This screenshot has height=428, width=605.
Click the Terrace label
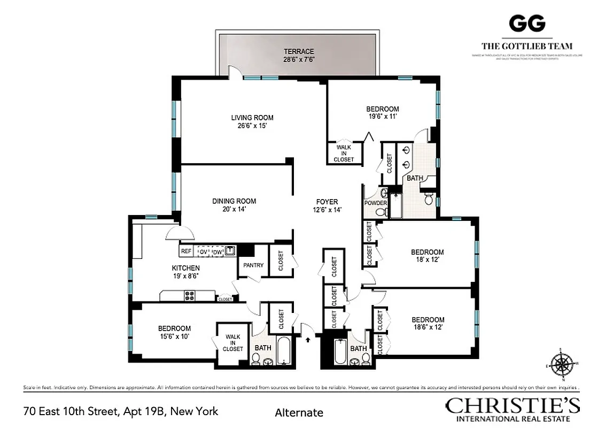pos(298,51)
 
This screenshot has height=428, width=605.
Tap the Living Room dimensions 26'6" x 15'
pos(252,126)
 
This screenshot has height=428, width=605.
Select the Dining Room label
pos(234,201)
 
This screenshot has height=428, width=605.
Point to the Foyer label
pos(327,202)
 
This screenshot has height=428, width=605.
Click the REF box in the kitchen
pos(186,251)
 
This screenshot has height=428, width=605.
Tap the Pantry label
pos(253,265)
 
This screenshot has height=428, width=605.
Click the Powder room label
pos(375,203)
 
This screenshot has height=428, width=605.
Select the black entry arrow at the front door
pos(308,339)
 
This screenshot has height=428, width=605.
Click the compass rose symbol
pos(562,365)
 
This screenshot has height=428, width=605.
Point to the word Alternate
pos(299,412)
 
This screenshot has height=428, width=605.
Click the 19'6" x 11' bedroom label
pos(382,109)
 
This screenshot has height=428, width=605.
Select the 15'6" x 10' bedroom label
pos(174,328)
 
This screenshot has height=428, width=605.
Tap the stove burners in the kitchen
pos(190,295)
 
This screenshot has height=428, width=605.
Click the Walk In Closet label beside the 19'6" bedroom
pos(344,152)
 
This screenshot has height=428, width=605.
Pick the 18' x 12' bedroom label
pos(426,252)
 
